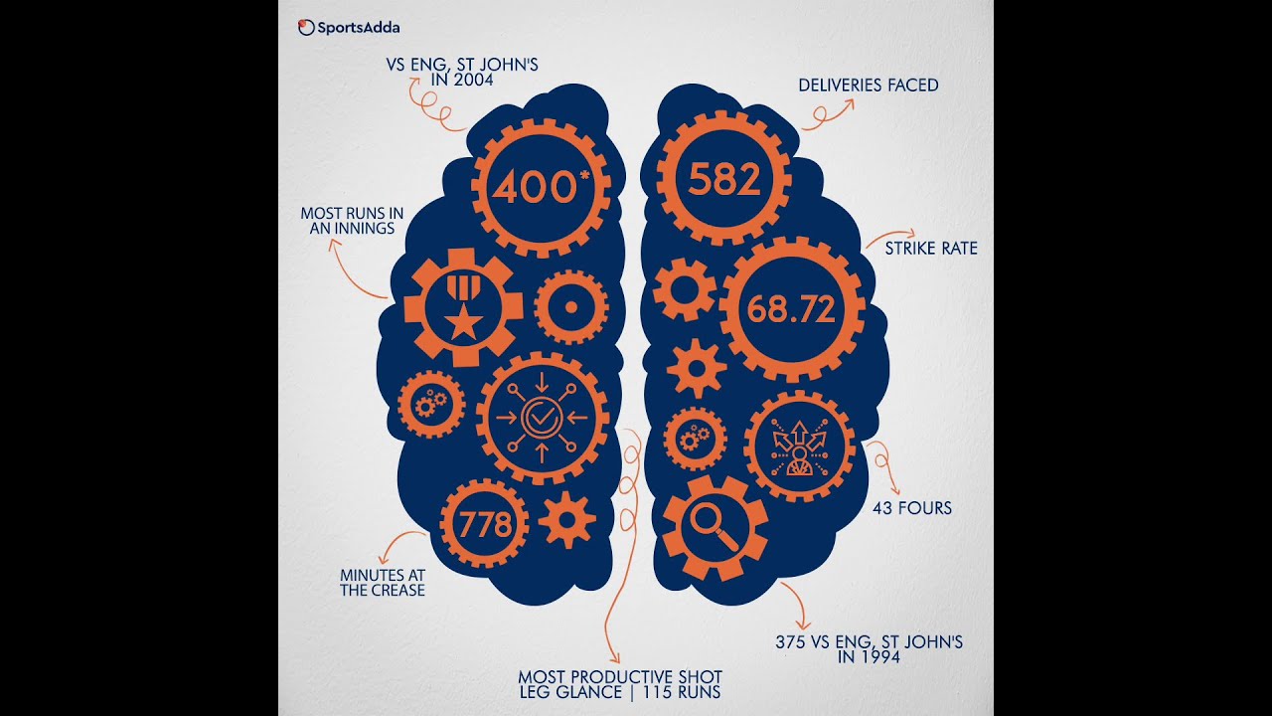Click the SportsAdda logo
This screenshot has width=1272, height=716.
(x=349, y=28)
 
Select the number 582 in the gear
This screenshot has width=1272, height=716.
(x=724, y=180)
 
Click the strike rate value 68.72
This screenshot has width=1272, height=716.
(x=791, y=309)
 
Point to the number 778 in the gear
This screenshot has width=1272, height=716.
(x=485, y=524)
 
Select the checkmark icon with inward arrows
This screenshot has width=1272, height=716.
(x=542, y=418)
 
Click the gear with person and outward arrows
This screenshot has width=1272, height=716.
(x=798, y=447)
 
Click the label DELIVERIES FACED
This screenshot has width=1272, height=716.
(x=868, y=86)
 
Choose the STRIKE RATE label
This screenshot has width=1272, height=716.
(x=931, y=249)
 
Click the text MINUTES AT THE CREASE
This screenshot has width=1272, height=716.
(x=383, y=583)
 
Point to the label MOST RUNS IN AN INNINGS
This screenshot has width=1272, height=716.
(x=353, y=221)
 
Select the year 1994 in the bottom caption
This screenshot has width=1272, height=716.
(x=879, y=656)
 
